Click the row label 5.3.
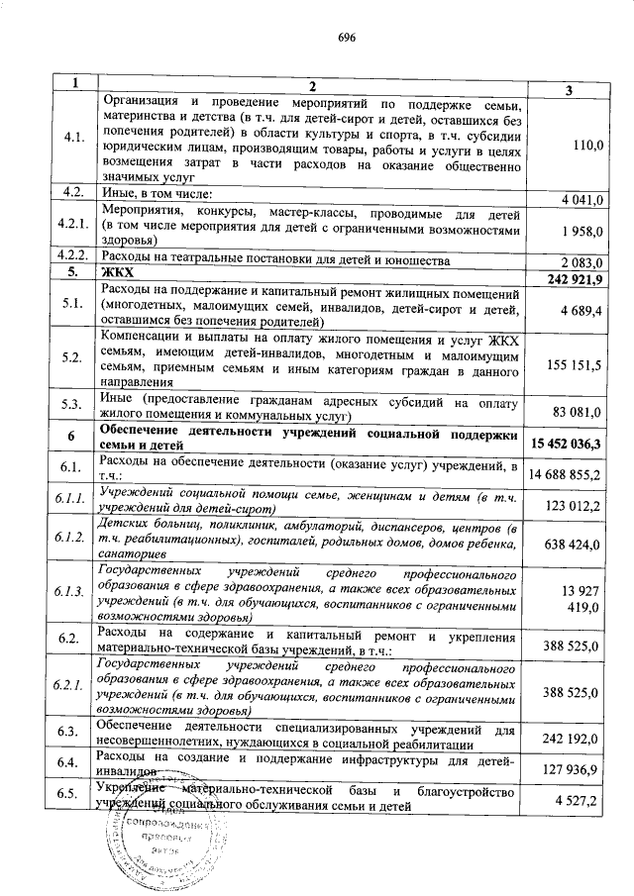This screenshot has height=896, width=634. [x=71, y=404]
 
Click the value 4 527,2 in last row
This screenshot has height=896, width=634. [x=581, y=800]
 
